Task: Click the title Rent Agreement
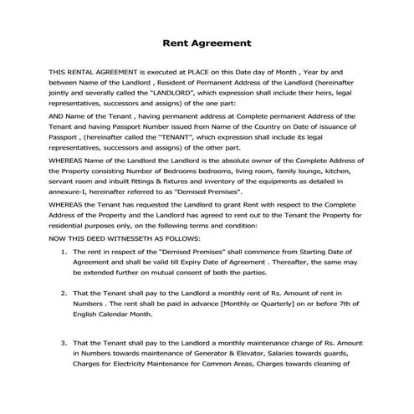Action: click(206, 43)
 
